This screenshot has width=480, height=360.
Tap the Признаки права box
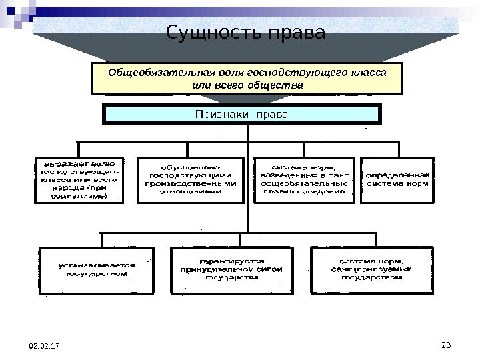point(241,115)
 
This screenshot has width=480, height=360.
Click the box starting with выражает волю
point(78,179)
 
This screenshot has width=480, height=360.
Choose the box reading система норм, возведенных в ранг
point(303,179)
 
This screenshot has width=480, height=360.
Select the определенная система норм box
point(397,179)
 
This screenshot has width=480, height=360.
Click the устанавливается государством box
point(97,269)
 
